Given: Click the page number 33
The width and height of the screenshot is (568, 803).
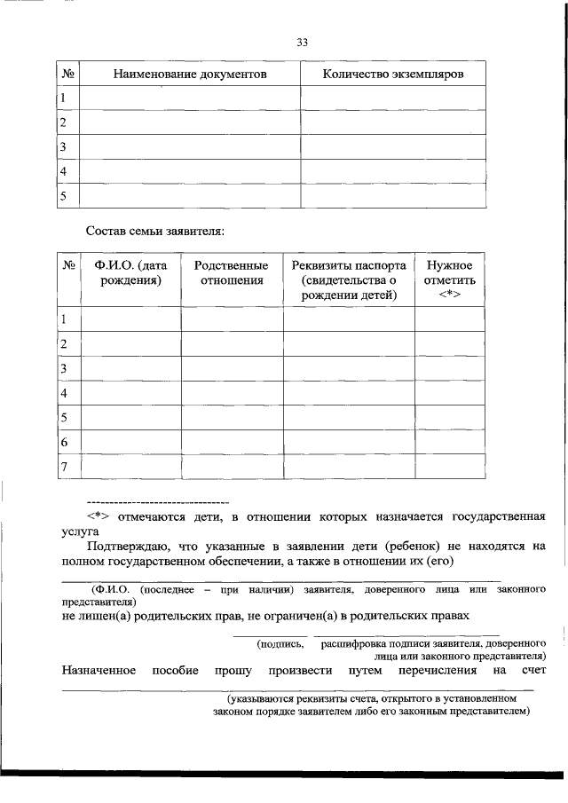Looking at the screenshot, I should click(x=302, y=42).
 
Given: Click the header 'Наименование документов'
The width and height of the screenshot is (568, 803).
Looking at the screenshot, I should click(x=190, y=74).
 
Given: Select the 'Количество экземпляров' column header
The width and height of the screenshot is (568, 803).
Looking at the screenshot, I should click(x=393, y=74).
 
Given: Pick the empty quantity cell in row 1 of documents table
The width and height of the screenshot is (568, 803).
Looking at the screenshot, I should click(x=393, y=98).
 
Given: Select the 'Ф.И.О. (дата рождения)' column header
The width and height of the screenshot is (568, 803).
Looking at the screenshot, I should click(x=131, y=273).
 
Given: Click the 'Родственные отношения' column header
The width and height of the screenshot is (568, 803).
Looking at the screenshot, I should click(x=232, y=273).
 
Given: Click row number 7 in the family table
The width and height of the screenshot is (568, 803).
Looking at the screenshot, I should click(x=64, y=466).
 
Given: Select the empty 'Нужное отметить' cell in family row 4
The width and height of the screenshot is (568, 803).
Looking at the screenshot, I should click(x=450, y=392).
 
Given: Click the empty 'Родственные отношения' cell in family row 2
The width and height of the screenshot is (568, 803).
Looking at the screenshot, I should click(x=232, y=343).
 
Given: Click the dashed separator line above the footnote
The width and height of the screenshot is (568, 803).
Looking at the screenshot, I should click(x=157, y=502).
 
